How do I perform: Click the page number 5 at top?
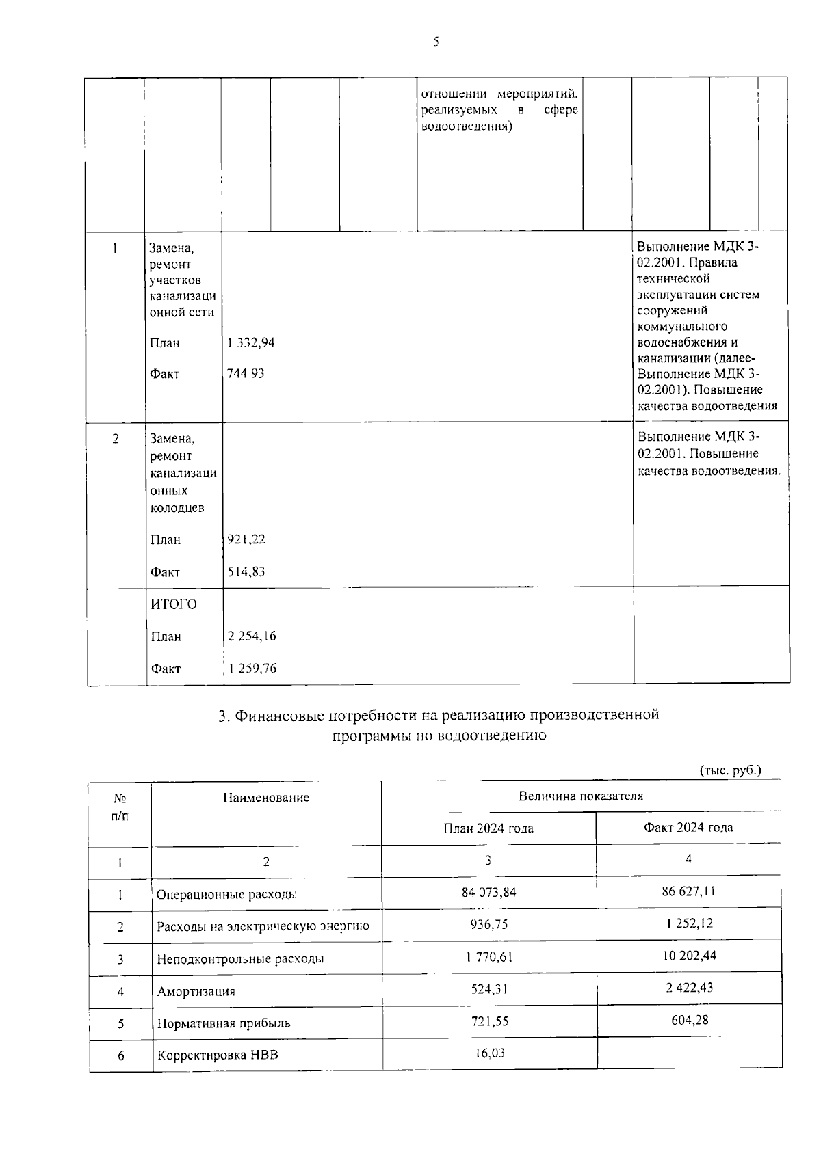click(436, 42)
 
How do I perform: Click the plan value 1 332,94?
click(251, 342)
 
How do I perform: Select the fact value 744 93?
click(246, 373)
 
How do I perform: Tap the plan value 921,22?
click(246, 539)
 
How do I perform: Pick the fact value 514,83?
click(246, 571)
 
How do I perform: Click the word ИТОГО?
click(174, 604)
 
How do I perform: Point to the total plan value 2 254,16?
click(252, 636)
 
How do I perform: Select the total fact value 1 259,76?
click(252, 669)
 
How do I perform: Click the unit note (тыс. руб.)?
click(731, 770)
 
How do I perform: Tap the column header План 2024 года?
click(488, 828)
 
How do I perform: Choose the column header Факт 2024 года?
click(688, 827)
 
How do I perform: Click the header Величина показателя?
click(581, 796)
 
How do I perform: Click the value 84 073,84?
click(489, 891)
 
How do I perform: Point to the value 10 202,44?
click(689, 955)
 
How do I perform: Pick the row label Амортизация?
click(196, 991)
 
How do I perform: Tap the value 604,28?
click(689, 1019)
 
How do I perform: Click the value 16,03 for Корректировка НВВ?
click(490, 1052)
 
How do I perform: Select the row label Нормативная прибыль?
click(224, 1023)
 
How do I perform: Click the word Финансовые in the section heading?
click(279, 715)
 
